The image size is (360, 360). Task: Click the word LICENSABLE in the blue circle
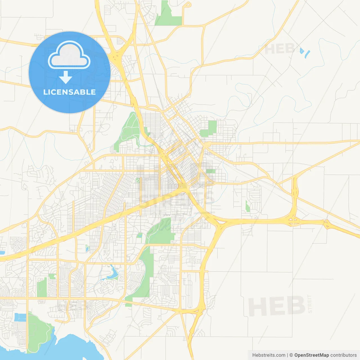(x=69, y=92)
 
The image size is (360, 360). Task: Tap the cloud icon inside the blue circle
(x=69, y=55)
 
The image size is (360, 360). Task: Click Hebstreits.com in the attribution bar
(x=269, y=355)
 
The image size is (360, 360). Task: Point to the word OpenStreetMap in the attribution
(x=311, y=355)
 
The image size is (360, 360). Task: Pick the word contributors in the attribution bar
(x=343, y=355)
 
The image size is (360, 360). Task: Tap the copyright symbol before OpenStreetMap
(x=291, y=355)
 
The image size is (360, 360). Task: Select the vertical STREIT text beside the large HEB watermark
(x=310, y=304)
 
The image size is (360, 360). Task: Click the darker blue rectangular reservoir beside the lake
(x=20, y=317)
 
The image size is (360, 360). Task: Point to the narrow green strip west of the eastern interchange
(x=247, y=206)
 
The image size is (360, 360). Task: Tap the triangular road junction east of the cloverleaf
(x=327, y=224)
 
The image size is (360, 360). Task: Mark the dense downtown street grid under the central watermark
(x=180, y=157)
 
